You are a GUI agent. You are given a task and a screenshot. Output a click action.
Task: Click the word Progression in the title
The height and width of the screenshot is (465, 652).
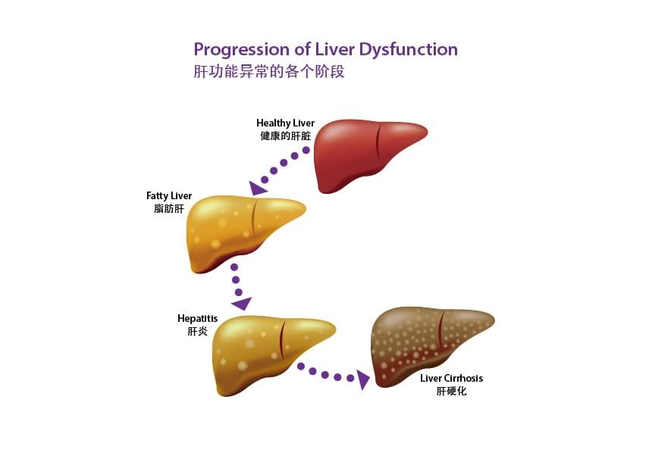(235, 50)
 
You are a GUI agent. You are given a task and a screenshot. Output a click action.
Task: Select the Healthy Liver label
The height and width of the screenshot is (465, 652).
(285, 123)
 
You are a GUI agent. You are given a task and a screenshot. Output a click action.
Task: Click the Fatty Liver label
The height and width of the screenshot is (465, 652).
(169, 195)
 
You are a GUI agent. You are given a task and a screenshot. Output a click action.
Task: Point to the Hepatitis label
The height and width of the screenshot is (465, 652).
(197, 318)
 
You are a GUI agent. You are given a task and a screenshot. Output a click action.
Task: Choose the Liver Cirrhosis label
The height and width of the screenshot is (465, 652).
(451, 378)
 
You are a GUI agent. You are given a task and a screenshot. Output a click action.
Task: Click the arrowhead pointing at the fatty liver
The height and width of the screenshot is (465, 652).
(259, 186)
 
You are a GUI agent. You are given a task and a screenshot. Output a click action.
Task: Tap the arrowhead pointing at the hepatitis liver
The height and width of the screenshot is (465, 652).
(242, 304)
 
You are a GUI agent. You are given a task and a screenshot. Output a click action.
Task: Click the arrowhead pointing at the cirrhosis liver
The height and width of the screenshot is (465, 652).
(364, 379)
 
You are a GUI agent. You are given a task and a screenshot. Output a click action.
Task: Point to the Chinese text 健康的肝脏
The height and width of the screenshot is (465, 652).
(285, 136)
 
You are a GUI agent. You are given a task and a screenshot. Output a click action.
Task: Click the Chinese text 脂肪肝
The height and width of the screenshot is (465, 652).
(169, 208)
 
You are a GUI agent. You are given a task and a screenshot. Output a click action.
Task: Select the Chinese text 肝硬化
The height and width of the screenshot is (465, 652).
(451, 392)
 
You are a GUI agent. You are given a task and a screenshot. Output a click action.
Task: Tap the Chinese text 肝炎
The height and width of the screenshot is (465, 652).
(197, 331)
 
